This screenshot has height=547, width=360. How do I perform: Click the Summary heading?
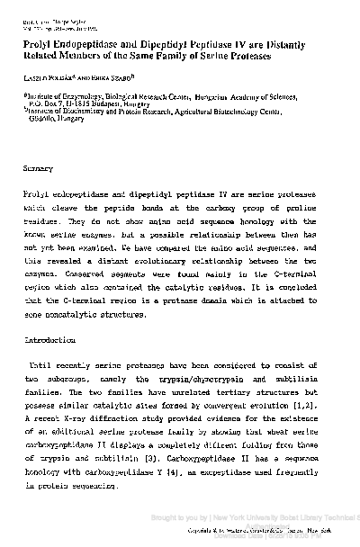40,168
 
